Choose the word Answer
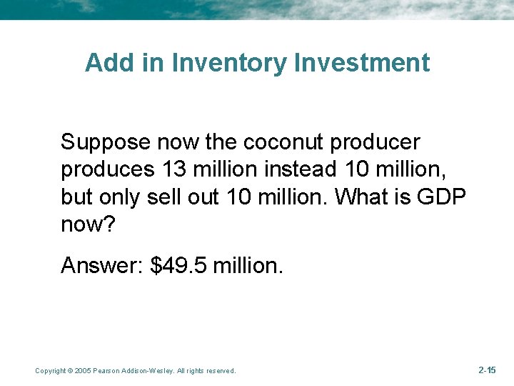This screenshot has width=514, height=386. pos(103,266)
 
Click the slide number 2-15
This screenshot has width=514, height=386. pos(486,370)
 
